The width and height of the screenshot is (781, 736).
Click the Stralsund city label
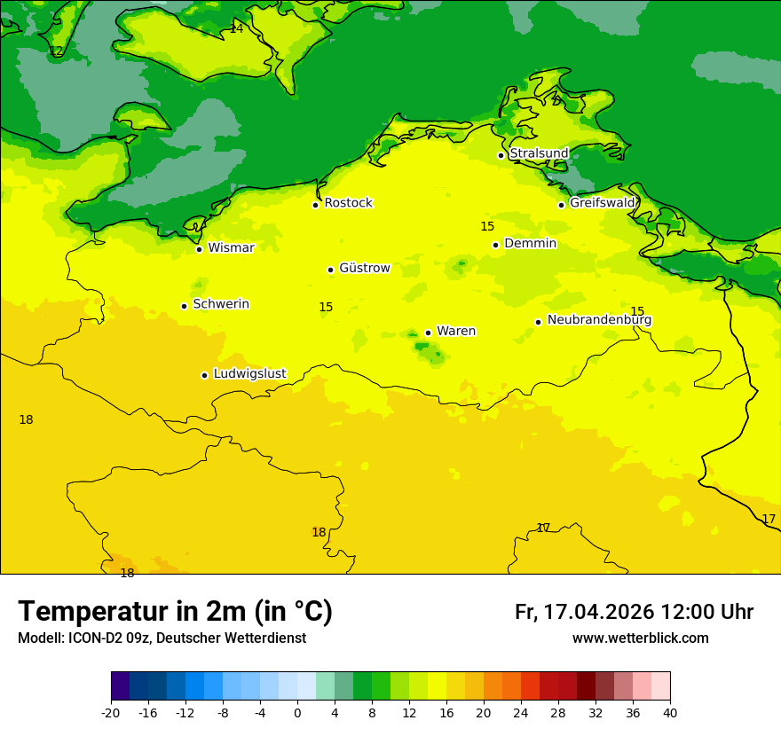click(x=539, y=153)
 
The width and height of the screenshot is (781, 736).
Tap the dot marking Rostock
click(x=315, y=205)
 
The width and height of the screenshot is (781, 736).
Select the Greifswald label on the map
click(x=602, y=203)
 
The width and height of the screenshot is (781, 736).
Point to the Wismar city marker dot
click(x=199, y=249)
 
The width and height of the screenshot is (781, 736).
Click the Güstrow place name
click(x=364, y=268)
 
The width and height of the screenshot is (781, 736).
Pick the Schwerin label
click(x=221, y=304)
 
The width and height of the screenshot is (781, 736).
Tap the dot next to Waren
click(x=428, y=333)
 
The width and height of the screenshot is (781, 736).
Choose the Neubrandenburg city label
click(x=599, y=320)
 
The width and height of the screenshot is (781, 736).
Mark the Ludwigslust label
click(x=249, y=374)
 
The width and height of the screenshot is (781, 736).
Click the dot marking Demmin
click(x=495, y=245)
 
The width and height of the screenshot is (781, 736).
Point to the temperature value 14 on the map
click(x=236, y=28)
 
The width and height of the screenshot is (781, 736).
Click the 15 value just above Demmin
click(x=487, y=226)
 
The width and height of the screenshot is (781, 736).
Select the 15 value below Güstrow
click(x=326, y=307)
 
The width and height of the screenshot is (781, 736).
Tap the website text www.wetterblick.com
click(x=640, y=638)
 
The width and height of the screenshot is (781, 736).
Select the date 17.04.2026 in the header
click(x=598, y=612)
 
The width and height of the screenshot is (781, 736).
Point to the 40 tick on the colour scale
click(x=670, y=713)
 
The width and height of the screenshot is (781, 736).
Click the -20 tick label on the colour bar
click(x=111, y=713)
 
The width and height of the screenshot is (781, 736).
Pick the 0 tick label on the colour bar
click(x=297, y=713)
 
